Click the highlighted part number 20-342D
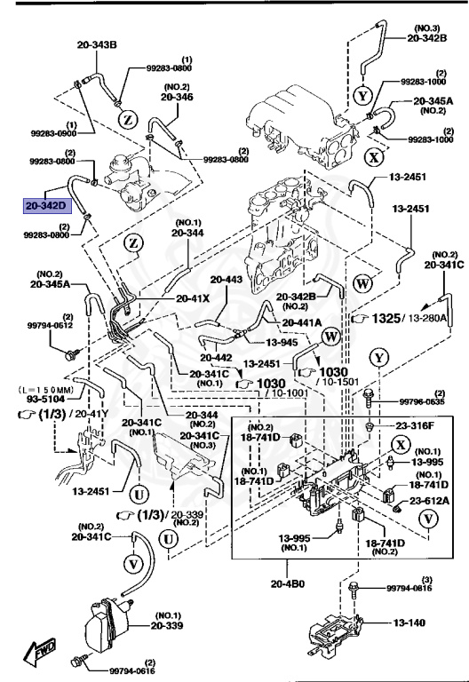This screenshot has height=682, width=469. click(x=45, y=205)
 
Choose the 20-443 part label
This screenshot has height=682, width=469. click(x=227, y=280)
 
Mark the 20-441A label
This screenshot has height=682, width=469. click(x=302, y=322)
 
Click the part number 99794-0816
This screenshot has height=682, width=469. click(x=411, y=588)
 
